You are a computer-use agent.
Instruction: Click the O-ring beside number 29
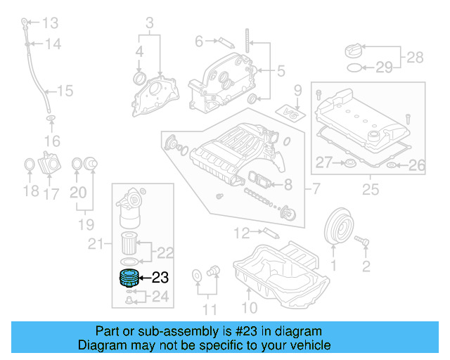(356, 67)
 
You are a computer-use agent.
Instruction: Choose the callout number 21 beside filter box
(96, 244)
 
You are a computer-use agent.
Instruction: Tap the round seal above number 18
(30, 165)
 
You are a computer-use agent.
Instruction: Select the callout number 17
(52, 193)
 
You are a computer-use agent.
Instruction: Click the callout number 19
(86, 225)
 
